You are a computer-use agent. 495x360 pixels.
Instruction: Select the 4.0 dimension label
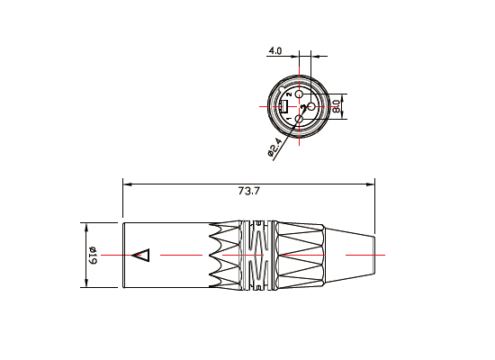(x=275, y=52)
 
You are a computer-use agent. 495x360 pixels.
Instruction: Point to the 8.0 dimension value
(x=335, y=105)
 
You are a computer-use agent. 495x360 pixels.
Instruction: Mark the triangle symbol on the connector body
(x=141, y=255)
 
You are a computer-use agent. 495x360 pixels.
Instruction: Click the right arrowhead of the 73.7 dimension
(x=371, y=185)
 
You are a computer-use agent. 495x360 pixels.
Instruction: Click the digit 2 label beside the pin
(x=288, y=94)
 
